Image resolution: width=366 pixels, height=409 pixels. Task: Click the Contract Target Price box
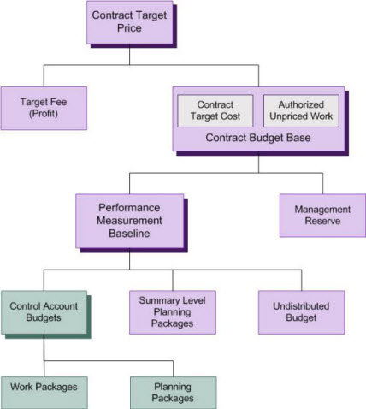130,22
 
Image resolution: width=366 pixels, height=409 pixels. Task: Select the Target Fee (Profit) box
44,109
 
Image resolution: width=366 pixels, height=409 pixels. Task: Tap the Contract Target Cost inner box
215,110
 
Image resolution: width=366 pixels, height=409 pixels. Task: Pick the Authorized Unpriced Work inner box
301,110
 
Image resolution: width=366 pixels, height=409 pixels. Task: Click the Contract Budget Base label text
258,138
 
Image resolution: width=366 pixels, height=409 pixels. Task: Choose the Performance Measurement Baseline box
130,221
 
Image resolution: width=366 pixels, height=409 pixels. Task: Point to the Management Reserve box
322,216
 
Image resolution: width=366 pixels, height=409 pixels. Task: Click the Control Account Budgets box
44,312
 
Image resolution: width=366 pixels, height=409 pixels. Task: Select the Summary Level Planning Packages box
173,312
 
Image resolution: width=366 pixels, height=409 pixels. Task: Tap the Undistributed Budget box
302,312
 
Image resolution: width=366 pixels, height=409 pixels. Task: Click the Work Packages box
44,393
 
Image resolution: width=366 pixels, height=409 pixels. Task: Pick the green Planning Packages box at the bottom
174,393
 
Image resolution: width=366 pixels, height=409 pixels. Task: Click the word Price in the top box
129,28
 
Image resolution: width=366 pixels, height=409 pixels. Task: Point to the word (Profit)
44,114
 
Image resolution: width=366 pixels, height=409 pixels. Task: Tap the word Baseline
129,234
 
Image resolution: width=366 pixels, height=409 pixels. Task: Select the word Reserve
322,221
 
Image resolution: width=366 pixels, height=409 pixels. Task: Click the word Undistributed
301,306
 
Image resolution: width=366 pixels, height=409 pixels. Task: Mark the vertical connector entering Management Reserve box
323,183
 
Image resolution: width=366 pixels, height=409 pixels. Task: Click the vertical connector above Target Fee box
44,76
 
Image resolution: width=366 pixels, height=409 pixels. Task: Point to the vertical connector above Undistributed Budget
302,280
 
